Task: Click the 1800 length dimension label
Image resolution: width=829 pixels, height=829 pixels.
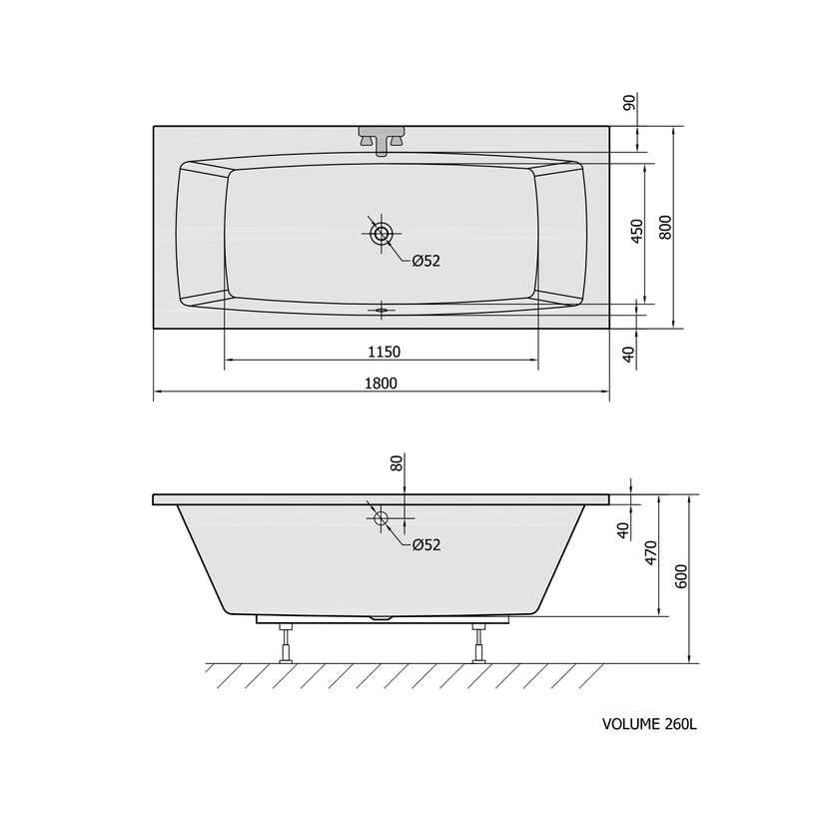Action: [x=381, y=383]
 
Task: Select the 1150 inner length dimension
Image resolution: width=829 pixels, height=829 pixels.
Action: [x=385, y=352]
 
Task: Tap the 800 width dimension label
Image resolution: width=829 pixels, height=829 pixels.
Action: [x=665, y=228]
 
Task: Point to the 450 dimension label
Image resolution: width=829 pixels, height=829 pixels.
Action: [x=637, y=231]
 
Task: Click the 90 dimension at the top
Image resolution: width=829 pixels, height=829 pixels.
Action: [x=629, y=103]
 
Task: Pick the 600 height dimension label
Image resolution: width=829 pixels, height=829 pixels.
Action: [x=681, y=576]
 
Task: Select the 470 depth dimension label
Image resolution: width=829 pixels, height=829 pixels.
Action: [x=651, y=552]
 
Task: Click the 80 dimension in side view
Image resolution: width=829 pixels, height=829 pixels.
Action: [x=398, y=463]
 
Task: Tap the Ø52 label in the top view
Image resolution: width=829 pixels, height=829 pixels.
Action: [x=426, y=261]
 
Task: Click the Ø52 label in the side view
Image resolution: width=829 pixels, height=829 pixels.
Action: [x=426, y=544]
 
